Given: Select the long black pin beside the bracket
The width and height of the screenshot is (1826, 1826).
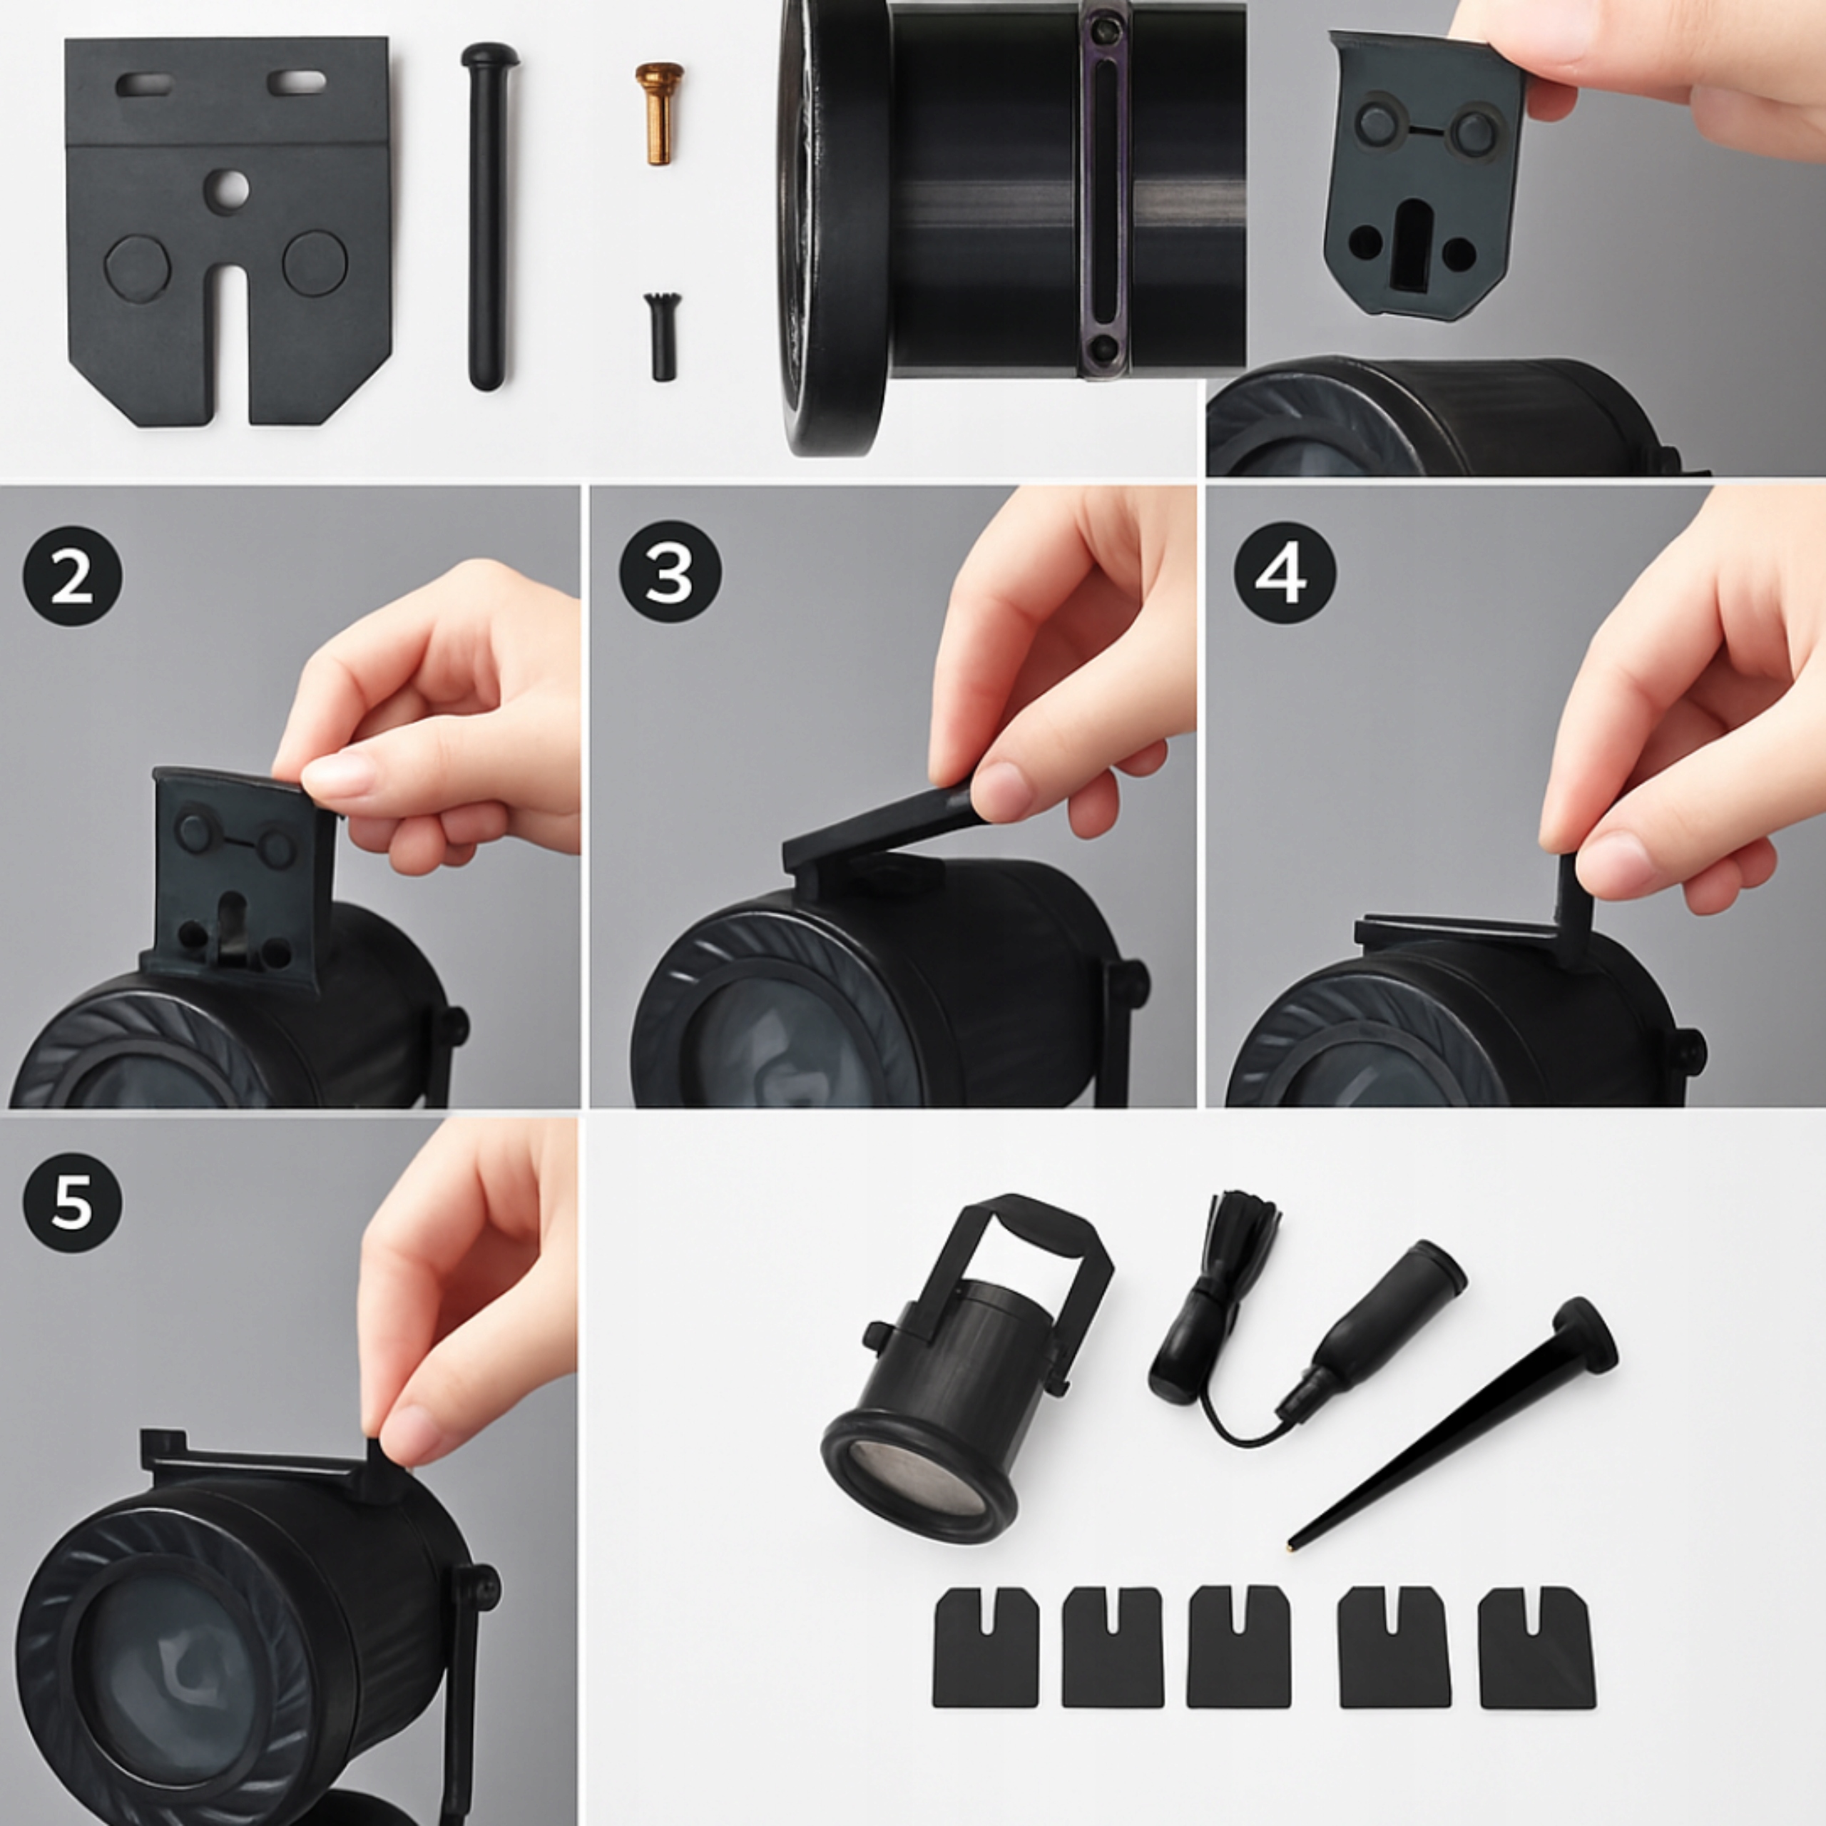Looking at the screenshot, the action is tap(488, 216).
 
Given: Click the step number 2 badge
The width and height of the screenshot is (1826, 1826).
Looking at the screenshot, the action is tap(72, 576).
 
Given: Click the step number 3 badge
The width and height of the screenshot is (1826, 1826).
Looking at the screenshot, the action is tap(670, 572).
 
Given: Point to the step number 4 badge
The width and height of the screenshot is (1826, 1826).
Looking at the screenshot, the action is tap(1285, 572).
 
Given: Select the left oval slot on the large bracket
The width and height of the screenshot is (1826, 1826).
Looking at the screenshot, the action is tap(145, 85).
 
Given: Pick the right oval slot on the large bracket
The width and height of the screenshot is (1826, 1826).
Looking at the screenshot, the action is tap(297, 82).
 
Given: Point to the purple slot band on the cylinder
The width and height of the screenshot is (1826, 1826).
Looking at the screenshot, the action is tap(1104, 189).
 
